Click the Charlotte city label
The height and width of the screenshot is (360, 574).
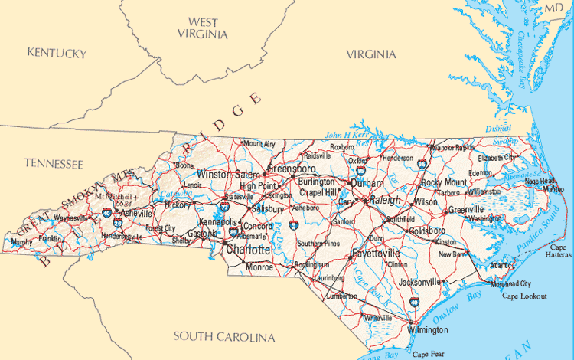click(x=247, y=250)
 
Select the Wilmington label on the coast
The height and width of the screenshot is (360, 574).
click(x=427, y=329)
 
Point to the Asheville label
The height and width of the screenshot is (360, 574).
click(x=135, y=213)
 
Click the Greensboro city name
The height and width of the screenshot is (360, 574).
click(x=292, y=168)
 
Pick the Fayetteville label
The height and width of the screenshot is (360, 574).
click(x=376, y=253)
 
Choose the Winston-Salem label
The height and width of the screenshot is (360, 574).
click(x=229, y=175)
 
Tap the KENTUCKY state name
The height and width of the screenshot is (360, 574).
click(x=57, y=53)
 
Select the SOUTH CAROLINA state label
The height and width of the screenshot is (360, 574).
click(x=223, y=336)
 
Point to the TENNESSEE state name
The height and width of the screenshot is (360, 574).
click(x=53, y=163)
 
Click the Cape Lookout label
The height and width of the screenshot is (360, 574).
click(x=524, y=295)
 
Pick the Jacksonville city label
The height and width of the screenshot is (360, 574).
click(x=419, y=282)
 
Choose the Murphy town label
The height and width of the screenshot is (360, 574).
click(x=23, y=242)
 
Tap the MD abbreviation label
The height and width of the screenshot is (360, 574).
click(x=553, y=8)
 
